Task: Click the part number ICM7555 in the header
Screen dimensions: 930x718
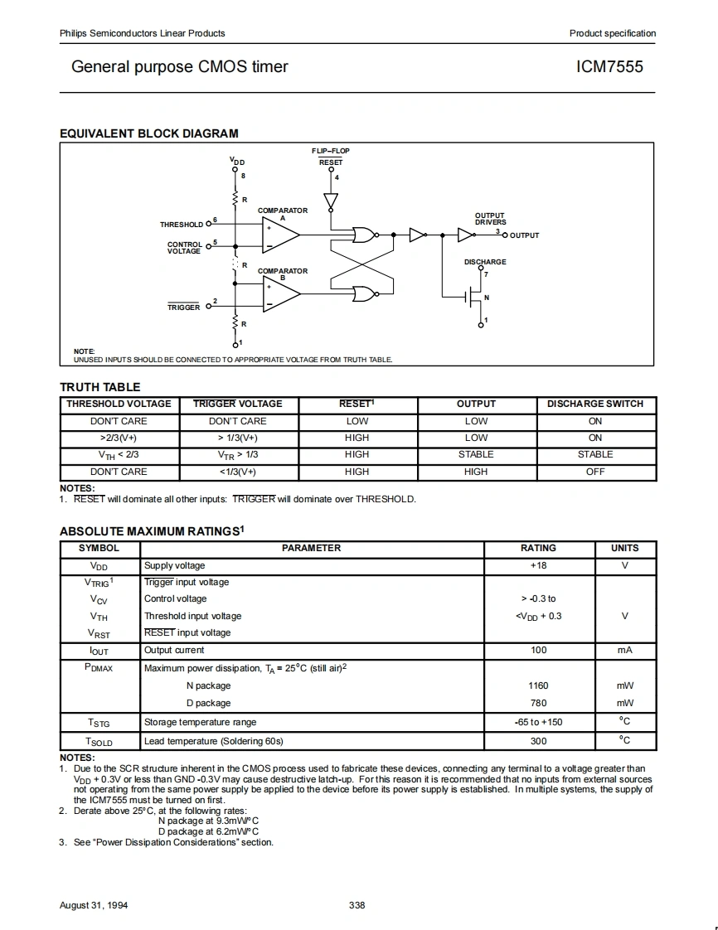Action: click(x=609, y=66)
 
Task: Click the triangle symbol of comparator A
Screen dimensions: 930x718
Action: click(x=280, y=234)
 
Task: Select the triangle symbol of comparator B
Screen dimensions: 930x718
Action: click(x=280, y=294)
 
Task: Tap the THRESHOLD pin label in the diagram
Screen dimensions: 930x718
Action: click(x=181, y=225)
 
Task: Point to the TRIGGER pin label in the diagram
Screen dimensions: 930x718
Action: click(x=184, y=308)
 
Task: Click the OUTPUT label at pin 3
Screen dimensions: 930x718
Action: click(x=524, y=235)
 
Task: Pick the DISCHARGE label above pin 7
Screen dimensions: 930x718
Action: click(x=485, y=262)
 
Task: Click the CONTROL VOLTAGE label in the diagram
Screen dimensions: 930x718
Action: click(x=184, y=248)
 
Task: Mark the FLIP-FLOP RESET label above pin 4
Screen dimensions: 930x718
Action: click(x=331, y=157)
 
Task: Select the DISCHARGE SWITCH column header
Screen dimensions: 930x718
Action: click(x=594, y=404)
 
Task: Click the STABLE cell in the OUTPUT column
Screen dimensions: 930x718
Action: click(x=476, y=454)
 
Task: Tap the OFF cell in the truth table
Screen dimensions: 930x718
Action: click(x=595, y=472)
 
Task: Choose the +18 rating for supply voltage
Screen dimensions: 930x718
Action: click(x=538, y=565)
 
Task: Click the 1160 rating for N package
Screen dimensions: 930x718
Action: click(x=538, y=685)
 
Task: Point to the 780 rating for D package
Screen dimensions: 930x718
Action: click(x=538, y=703)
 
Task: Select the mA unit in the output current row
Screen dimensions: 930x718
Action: click(x=624, y=651)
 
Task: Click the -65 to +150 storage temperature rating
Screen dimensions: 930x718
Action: click(x=538, y=722)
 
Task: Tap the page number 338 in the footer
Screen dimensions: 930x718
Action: click(x=357, y=905)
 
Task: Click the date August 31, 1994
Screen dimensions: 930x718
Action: click(x=94, y=905)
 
